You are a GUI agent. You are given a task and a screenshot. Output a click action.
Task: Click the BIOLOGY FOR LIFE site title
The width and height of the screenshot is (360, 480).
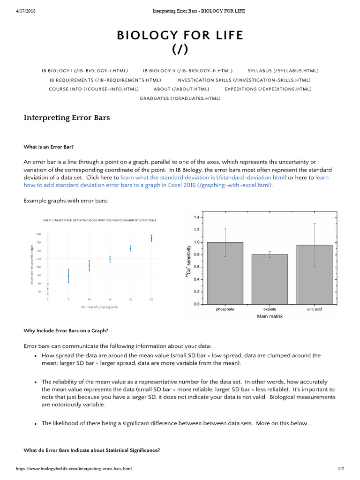[x=180, y=36]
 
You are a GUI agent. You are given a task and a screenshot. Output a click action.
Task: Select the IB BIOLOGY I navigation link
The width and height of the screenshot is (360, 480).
[x=85, y=71]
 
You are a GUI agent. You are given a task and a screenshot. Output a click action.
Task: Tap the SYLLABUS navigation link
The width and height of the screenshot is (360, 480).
[x=283, y=71]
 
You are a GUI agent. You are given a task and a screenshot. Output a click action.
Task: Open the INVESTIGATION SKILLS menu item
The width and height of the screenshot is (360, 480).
[x=243, y=80]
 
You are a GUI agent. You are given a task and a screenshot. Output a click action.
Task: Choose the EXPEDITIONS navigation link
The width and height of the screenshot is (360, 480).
[x=268, y=89]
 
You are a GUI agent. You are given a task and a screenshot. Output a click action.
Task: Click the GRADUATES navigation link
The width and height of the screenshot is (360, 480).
[x=180, y=98]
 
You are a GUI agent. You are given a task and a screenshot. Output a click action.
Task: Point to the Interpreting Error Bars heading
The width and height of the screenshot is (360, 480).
[x=67, y=118]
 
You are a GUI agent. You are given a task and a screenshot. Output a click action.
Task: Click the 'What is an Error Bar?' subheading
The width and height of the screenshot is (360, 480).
[x=49, y=147]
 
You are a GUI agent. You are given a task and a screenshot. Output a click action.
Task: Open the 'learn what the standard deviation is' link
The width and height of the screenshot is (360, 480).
[x=203, y=178]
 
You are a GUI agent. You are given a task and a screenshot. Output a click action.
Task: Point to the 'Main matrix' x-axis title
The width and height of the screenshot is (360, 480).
[x=270, y=316]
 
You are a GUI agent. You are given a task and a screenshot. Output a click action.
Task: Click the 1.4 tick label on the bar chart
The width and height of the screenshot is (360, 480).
[x=196, y=217]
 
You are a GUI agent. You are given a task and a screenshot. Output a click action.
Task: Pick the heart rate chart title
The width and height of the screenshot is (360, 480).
[x=100, y=220]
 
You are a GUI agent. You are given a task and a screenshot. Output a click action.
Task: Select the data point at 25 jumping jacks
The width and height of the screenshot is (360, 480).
[x=151, y=239]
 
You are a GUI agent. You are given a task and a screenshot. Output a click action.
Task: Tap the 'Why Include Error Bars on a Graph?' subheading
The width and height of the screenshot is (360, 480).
[x=66, y=330]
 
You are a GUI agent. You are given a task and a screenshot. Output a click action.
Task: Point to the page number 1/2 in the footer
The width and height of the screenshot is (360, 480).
[x=340, y=469]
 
